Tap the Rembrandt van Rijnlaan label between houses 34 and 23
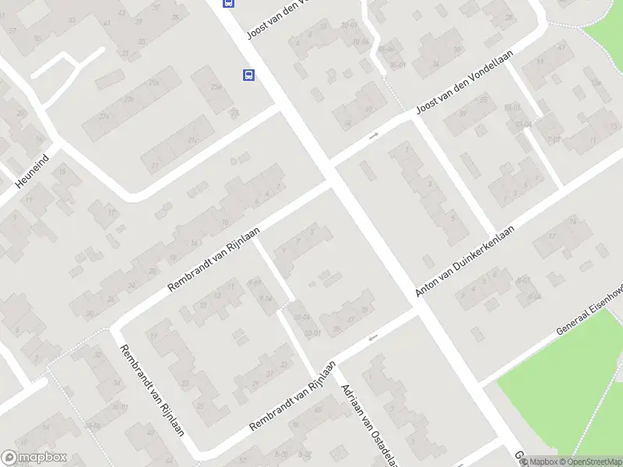pyautogui.click(x=151, y=389)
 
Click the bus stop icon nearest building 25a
pyautogui.click(x=248, y=75)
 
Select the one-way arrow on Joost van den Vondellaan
pyautogui.click(x=374, y=135)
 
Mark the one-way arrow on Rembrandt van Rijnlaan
pyautogui.click(x=373, y=337)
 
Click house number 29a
pyautogui.click(x=154, y=83)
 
